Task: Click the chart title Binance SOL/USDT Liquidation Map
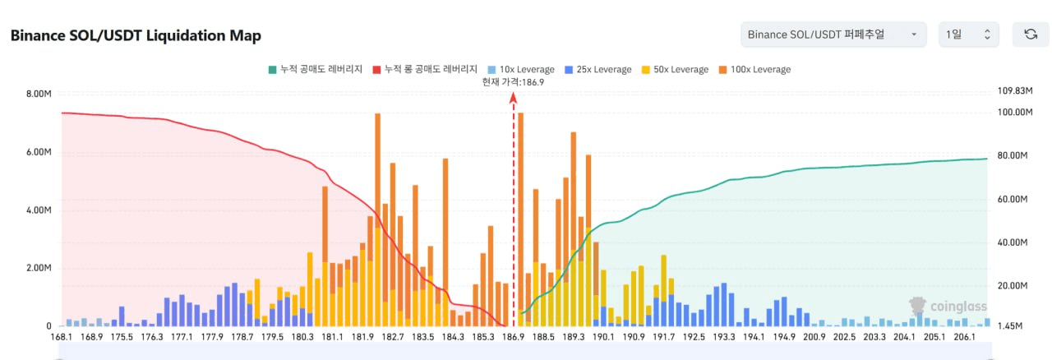[135, 36]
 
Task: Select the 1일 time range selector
[968, 35]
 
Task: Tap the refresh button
[1030, 35]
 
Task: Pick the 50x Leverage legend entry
[674, 70]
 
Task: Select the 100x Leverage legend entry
[754, 70]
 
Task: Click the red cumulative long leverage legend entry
[425, 70]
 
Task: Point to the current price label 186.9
[514, 82]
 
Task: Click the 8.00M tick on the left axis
[39, 94]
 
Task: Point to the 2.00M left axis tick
[39, 269]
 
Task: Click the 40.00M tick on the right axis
[1013, 242]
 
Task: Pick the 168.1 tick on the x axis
[62, 337]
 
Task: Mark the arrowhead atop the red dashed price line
[514, 96]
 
